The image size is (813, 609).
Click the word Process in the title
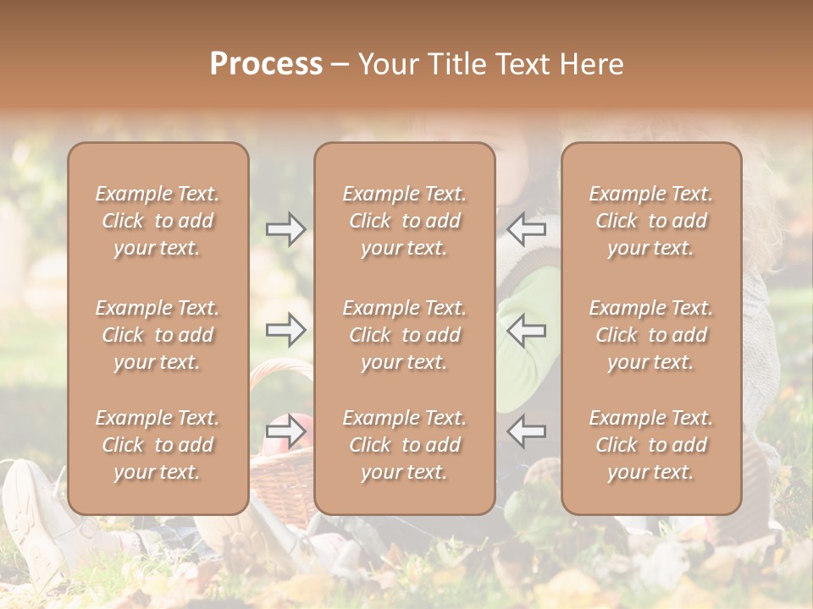tap(266, 64)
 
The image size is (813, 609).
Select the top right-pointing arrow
tap(286, 229)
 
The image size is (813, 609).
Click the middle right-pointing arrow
tap(286, 330)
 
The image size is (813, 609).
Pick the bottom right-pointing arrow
tap(286, 431)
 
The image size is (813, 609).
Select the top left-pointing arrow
tap(526, 229)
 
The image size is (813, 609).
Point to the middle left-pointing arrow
tap(526, 330)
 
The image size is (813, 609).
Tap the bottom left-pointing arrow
tap(526, 431)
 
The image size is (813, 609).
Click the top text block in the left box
tap(158, 221)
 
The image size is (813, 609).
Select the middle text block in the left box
tap(158, 335)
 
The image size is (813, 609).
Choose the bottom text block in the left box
tap(158, 445)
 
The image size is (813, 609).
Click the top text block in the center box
tap(404, 221)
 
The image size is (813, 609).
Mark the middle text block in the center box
tap(404, 335)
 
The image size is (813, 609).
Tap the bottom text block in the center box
tap(404, 445)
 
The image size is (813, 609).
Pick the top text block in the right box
tap(650, 221)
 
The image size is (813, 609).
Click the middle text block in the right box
tap(650, 335)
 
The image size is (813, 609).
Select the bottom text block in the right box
tap(650, 445)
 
